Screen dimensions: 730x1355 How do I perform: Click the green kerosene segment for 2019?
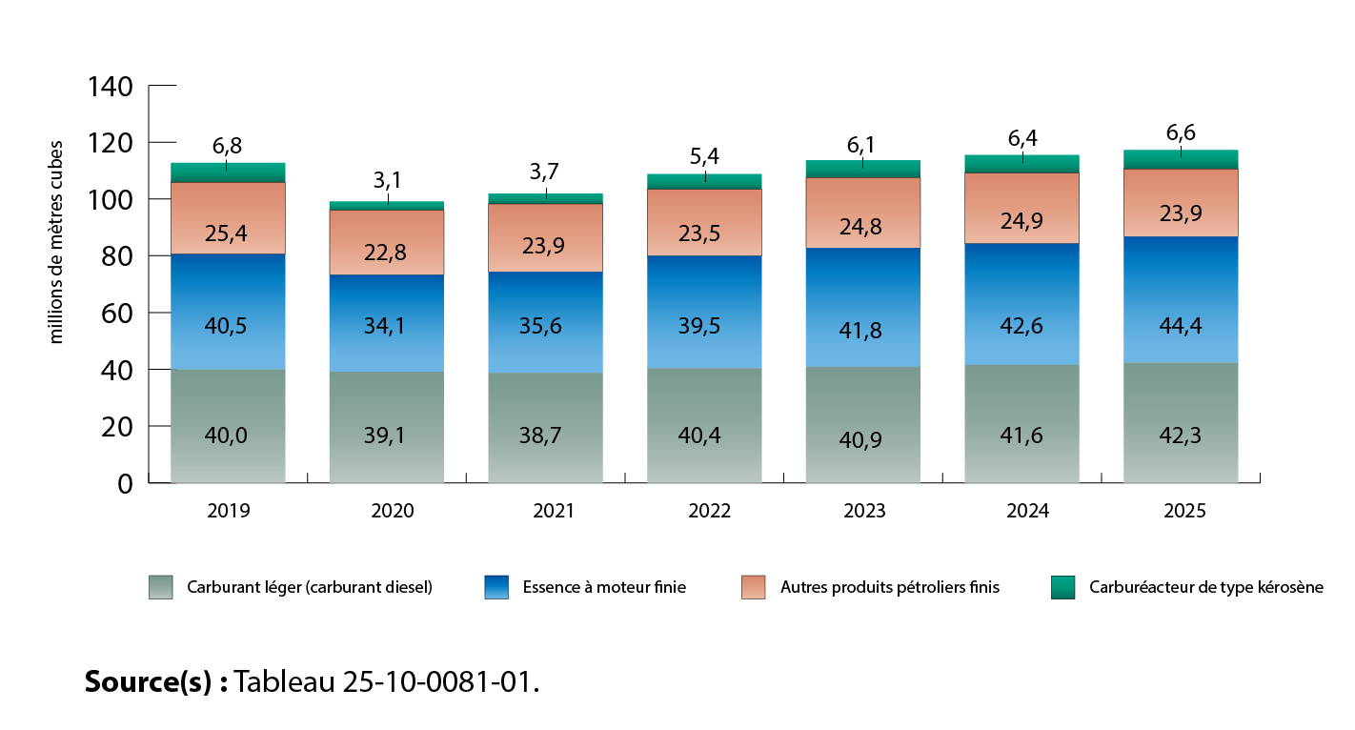228,172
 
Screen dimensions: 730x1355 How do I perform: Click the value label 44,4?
1180,327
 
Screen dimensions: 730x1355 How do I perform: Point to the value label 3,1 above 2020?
386,179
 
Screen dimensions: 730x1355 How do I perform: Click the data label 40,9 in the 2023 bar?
862,441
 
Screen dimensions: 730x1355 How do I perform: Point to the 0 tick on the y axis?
125,484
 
